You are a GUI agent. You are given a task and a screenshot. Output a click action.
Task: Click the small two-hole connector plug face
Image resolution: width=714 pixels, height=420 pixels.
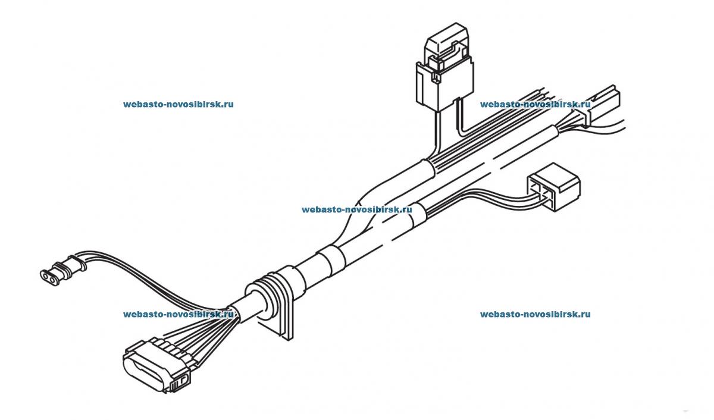coord(48,275)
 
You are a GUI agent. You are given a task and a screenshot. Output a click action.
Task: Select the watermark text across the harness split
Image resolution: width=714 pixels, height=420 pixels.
coord(356,209)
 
